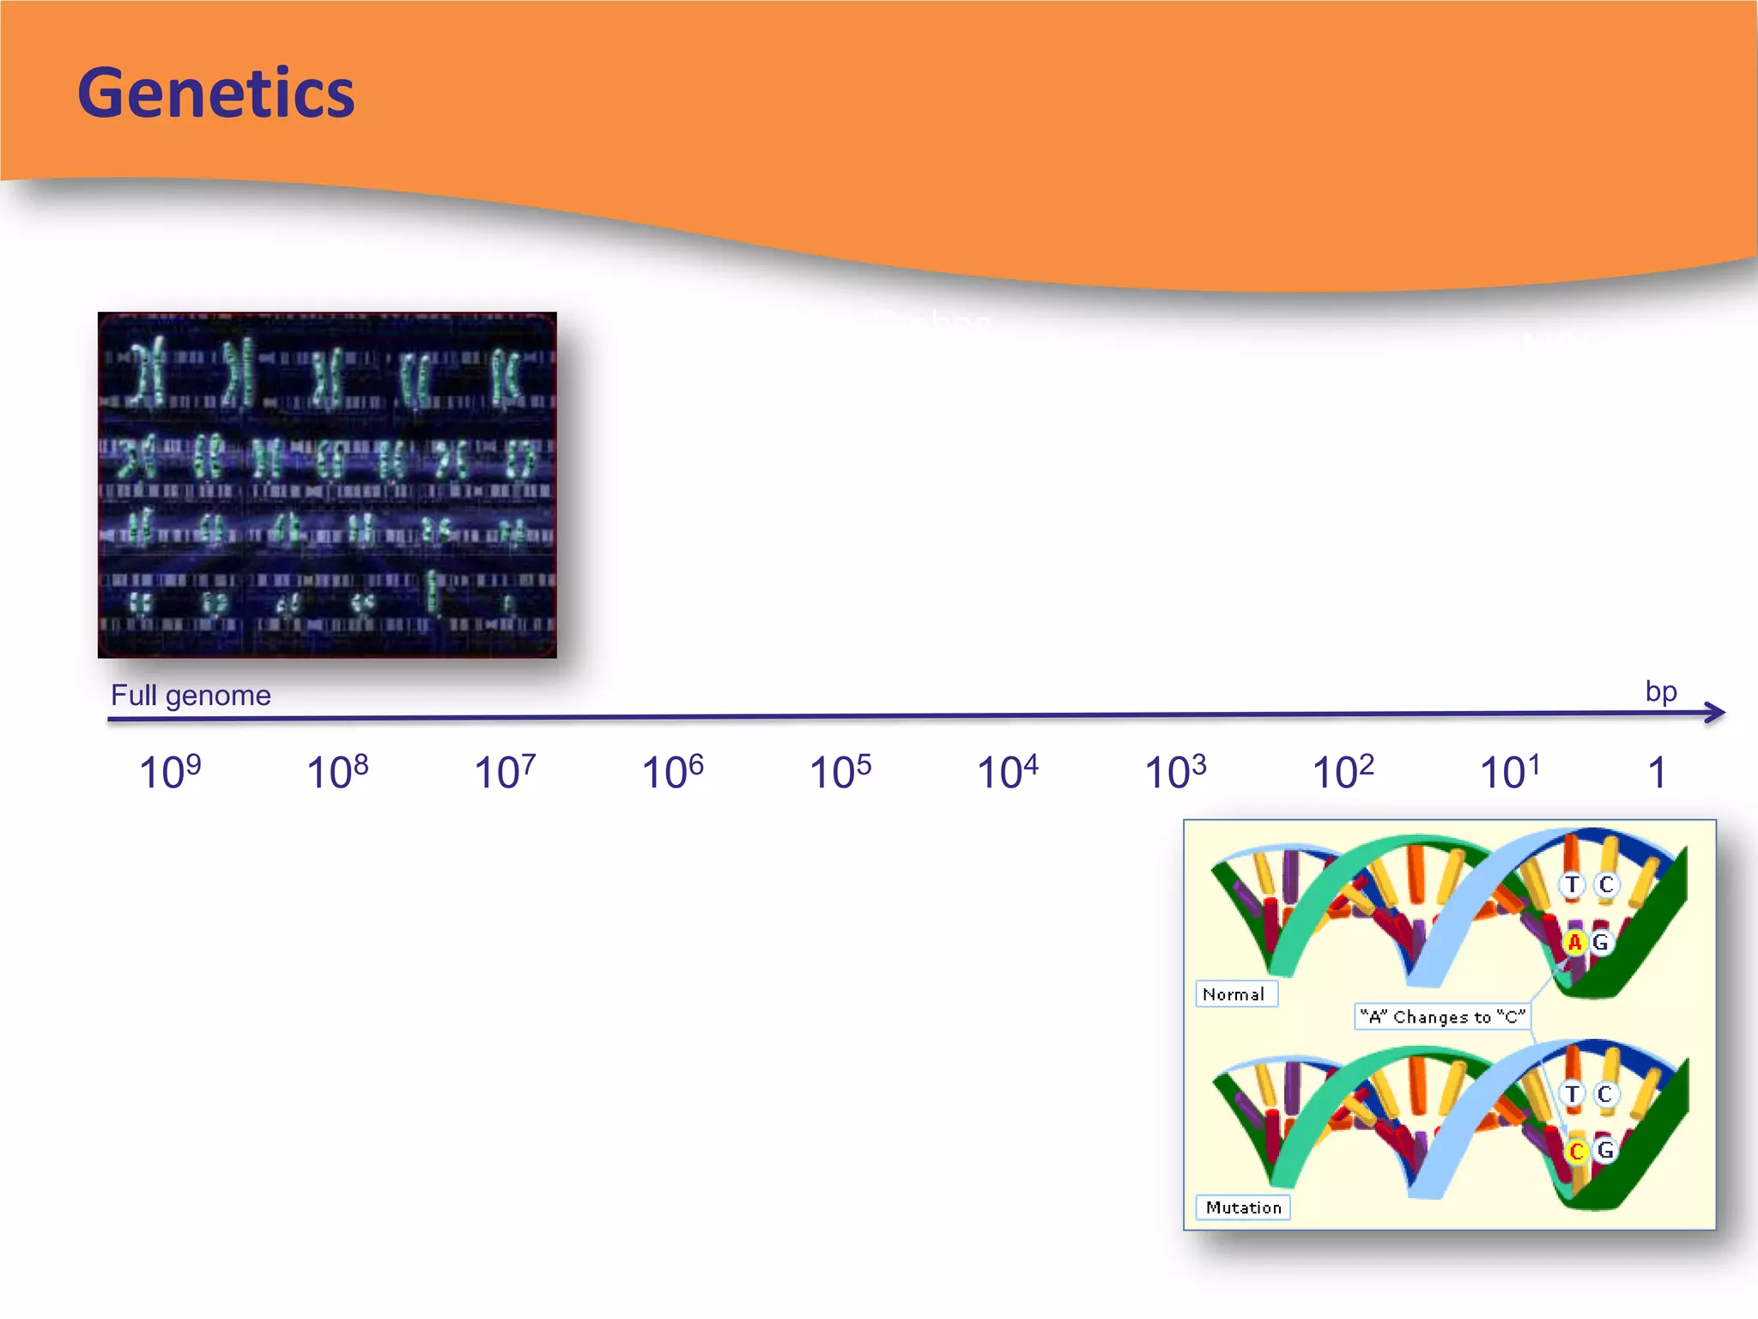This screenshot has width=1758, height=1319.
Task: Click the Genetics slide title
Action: pos(215,93)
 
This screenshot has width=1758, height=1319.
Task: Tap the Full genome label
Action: pos(191,695)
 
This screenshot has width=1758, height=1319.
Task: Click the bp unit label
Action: pos(1660,690)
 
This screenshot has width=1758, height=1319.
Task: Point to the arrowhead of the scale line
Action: pos(1716,712)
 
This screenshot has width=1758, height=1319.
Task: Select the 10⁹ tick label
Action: pos(170,771)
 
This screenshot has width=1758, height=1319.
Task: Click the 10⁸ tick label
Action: pos(337,771)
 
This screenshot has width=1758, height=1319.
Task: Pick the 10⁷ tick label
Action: pos(505,771)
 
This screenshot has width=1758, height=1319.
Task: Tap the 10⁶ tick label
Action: pos(672,771)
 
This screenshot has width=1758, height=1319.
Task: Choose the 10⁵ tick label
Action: pos(840,771)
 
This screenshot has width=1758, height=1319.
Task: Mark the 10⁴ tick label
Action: pos(1007,771)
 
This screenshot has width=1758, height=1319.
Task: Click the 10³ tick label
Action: pos(1175,771)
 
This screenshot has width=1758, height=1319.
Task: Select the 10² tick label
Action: pos(1343,771)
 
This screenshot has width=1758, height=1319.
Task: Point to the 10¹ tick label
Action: pos(1510,771)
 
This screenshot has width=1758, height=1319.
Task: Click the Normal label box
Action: pos(1234,994)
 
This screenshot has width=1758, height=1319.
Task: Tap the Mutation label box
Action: pos(1242,1207)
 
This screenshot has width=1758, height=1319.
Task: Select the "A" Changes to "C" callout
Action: pos(1442,1017)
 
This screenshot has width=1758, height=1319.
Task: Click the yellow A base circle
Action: pos(1573,943)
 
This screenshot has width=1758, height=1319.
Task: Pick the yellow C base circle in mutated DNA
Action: pos(1576,1152)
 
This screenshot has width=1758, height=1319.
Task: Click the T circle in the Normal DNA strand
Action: pos(1572,884)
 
